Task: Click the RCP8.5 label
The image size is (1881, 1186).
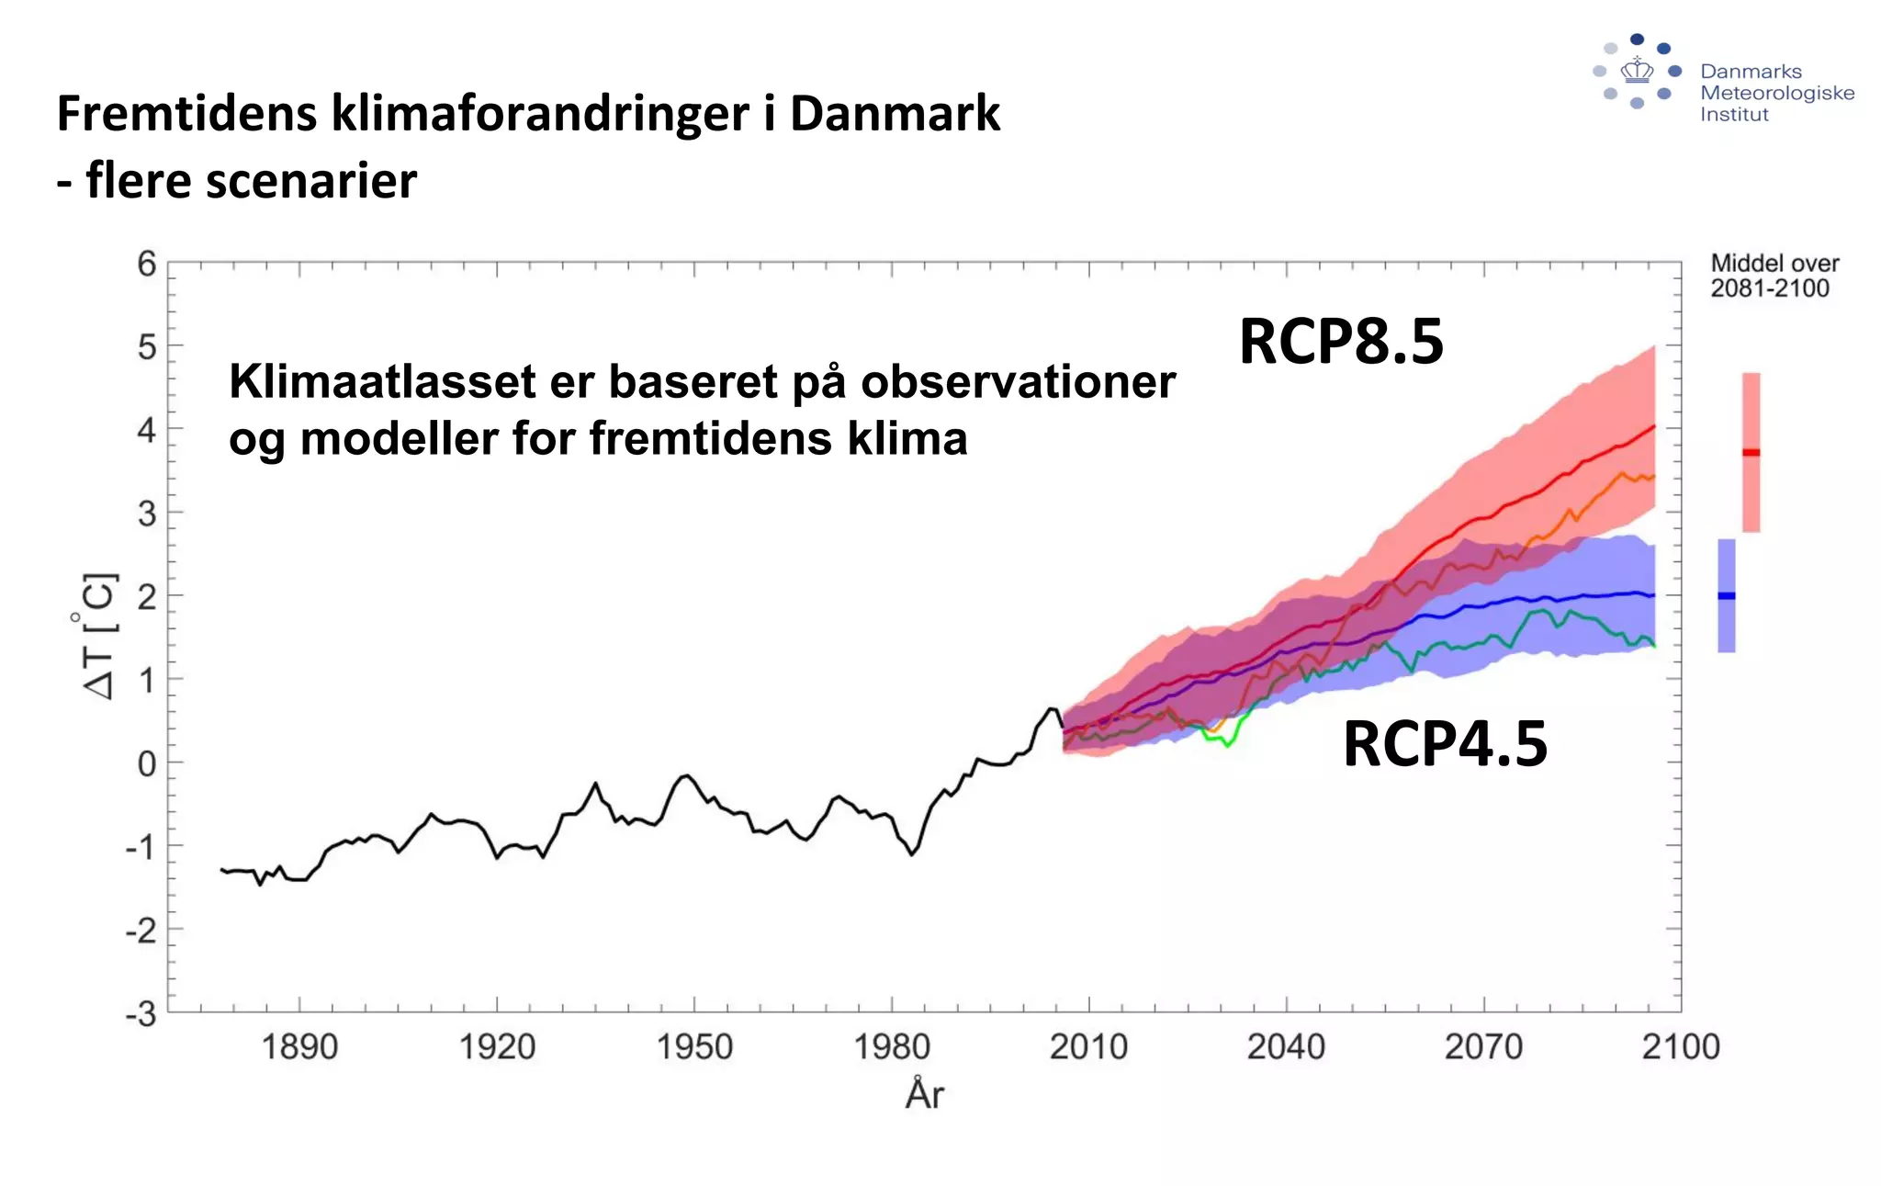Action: pyautogui.click(x=1341, y=342)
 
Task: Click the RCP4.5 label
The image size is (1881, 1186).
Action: pyautogui.click(x=1445, y=744)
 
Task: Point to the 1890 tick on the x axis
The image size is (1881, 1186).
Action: pyautogui.click(x=299, y=1046)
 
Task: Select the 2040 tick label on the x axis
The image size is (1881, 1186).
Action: pyautogui.click(x=1286, y=1046)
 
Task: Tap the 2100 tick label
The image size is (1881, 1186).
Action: pyautogui.click(x=1680, y=1046)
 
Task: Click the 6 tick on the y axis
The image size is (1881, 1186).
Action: pyautogui.click(x=147, y=265)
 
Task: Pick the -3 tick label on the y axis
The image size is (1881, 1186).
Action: pyautogui.click(x=141, y=1014)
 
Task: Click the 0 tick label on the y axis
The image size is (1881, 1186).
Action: pyautogui.click(x=147, y=763)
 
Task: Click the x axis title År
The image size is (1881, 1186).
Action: pyautogui.click(x=924, y=1093)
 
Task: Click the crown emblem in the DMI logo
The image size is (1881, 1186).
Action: pyautogui.click(x=1637, y=70)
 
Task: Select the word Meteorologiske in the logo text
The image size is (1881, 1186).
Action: pyautogui.click(x=1776, y=93)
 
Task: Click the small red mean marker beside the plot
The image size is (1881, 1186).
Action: pyautogui.click(x=1751, y=452)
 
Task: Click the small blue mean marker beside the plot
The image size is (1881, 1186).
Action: pyautogui.click(x=1726, y=595)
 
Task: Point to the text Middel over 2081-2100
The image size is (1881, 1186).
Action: pyautogui.click(x=1774, y=276)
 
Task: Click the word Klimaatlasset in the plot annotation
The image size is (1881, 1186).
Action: pyautogui.click(x=381, y=382)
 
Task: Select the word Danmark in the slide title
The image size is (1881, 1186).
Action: pyautogui.click(x=894, y=114)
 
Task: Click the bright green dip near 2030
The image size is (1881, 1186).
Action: pyautogui.click(x=1227, y=744)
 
